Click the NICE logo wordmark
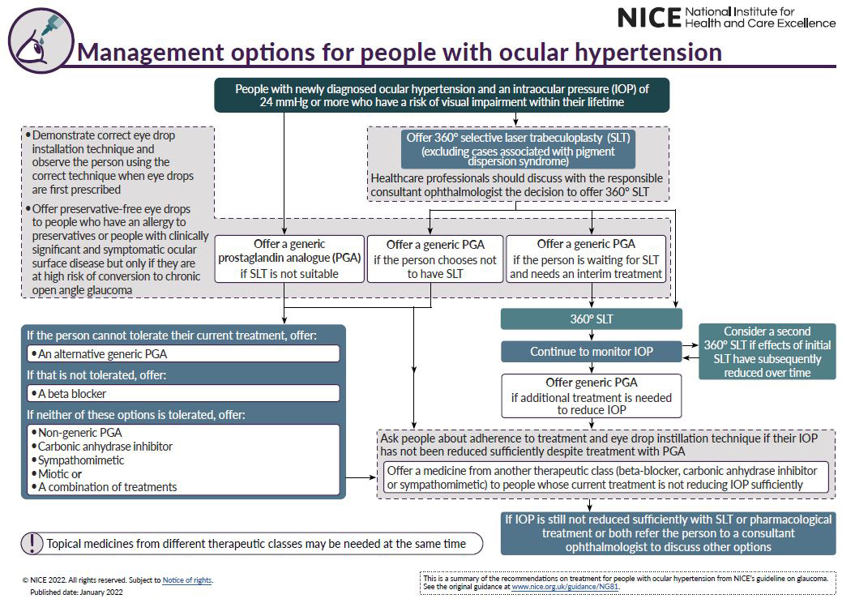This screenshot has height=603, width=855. [x=648, y=17]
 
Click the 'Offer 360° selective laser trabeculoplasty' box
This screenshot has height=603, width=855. [x=519, y=149]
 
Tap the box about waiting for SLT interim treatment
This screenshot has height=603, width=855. [x=586, y=259]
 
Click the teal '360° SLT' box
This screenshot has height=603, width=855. [x=592, y=319]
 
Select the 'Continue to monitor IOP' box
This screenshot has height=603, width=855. [x=592, y=352]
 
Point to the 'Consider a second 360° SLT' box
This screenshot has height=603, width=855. [x=767, y=352]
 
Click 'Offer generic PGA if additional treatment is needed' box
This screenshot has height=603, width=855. [x=592, y=396]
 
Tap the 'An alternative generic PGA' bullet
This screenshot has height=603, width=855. [x=183, y=354]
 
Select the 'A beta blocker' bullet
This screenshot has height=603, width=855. [x=183, y=393]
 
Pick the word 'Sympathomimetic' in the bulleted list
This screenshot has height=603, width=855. [x=82, y=460]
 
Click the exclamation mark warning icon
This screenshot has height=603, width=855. [x=32, y=543]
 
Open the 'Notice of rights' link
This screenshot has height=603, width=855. [x=187, y=580]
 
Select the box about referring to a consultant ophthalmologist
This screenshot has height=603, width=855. [x=668, y=532]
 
